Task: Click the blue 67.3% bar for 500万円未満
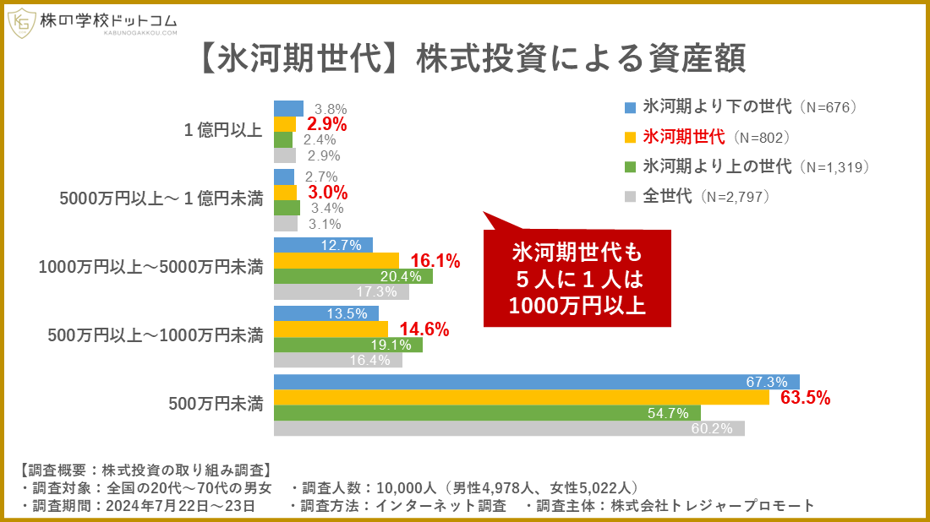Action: point(536,382)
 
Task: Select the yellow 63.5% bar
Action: point(521,398)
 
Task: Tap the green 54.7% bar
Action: point(487,413)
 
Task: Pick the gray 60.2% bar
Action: point(509,429)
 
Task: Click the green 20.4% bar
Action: point(353,276)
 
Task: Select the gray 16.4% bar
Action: point(337,360)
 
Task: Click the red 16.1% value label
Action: point(435,262)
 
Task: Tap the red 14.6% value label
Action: point(424,329)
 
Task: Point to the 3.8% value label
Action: point(331,109)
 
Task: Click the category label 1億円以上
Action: point(223,131)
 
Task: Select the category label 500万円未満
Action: point(216,404)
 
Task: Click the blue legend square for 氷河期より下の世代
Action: point(630,107)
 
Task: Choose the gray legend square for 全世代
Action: point(630,197)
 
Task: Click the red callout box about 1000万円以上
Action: point(577,278)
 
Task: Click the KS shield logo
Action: point(22,23)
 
